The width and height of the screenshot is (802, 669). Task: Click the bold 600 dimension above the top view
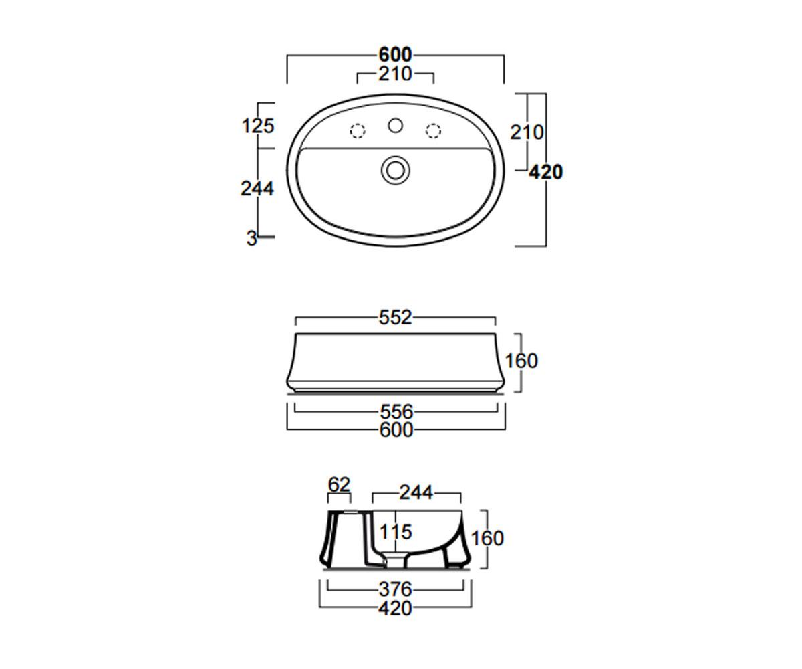point(395,55)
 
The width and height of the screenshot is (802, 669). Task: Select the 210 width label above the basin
point(395,74)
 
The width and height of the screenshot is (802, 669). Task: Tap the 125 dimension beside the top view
point(258,126)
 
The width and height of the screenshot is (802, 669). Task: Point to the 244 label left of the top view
point(257,189)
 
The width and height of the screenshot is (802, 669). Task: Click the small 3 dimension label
point(251,238)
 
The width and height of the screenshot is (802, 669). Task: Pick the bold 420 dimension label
point(546,172)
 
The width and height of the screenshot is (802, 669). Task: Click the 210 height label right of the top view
point(527,132)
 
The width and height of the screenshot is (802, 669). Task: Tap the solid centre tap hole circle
point(395,126)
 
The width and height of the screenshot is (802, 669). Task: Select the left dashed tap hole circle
point(358,131)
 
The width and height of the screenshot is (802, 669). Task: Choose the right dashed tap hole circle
point(433,131)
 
